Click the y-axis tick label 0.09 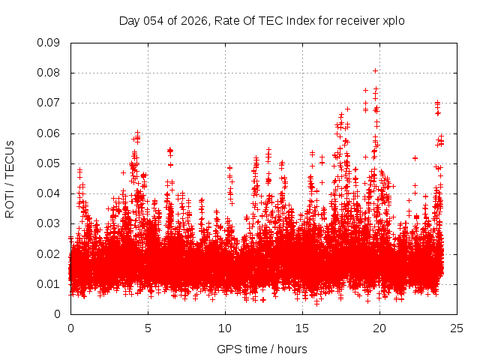[49, 43]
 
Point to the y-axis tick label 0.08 [49, 73]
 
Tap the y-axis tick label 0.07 [49, 103]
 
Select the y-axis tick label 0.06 [49, 133]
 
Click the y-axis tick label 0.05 [49, 163]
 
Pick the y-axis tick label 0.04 [49, 193]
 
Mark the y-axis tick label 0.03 [49, 223]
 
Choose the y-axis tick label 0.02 [49, 253]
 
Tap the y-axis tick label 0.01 [49, 284]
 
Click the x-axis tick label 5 [148, 328]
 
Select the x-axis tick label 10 [225, 328]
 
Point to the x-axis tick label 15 [302, 328]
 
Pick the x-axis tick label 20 [379, 328]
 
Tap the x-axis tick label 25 [457, 328]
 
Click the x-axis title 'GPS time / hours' [263, 349]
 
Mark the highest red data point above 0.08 [375, 71]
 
